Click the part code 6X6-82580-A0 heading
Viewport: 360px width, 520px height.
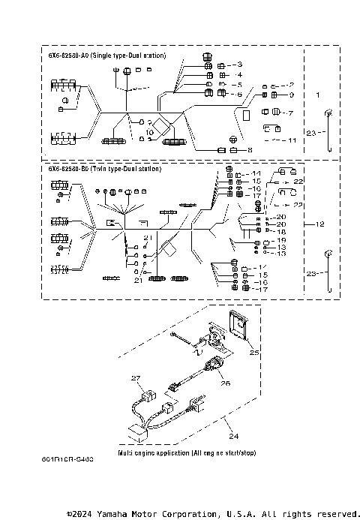tap(68, 56)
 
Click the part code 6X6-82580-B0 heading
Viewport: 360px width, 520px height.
tap(68, 169)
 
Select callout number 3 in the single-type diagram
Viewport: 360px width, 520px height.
tap(239, 65)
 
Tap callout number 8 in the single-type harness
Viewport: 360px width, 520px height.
tap(240, 150)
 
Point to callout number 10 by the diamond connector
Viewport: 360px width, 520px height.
tap(151, 132)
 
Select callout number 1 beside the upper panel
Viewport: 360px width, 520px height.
tap(317, 96)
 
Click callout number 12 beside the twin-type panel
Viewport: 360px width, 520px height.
tap(319, 224)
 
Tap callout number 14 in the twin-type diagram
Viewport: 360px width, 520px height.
tap(256, 173)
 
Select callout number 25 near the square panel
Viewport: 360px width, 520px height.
tap(253, 352)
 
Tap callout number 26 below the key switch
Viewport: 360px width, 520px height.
tap(225, 381)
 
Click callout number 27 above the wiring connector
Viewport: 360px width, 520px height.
tap(136, 378)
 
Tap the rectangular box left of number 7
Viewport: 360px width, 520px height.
tap(245, 116)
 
